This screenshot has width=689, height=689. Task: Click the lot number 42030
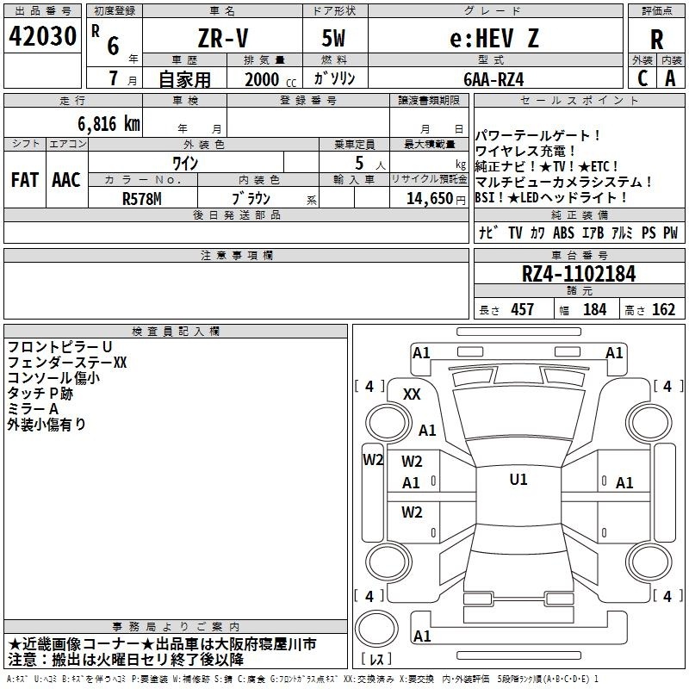[42, 36]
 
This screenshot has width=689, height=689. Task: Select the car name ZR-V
[223, 38]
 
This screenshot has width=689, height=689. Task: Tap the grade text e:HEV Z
[493, 38]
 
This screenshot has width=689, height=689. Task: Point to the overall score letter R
[656, 40]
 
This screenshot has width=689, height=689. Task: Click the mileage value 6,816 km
[109, 124]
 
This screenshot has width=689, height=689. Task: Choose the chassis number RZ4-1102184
[579, 274]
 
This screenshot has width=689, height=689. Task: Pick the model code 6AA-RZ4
[493, 79]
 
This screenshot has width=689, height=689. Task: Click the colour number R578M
[141, 199]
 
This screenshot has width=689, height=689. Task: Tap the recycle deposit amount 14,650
[429, 199]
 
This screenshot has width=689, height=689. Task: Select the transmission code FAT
[25, 180]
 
